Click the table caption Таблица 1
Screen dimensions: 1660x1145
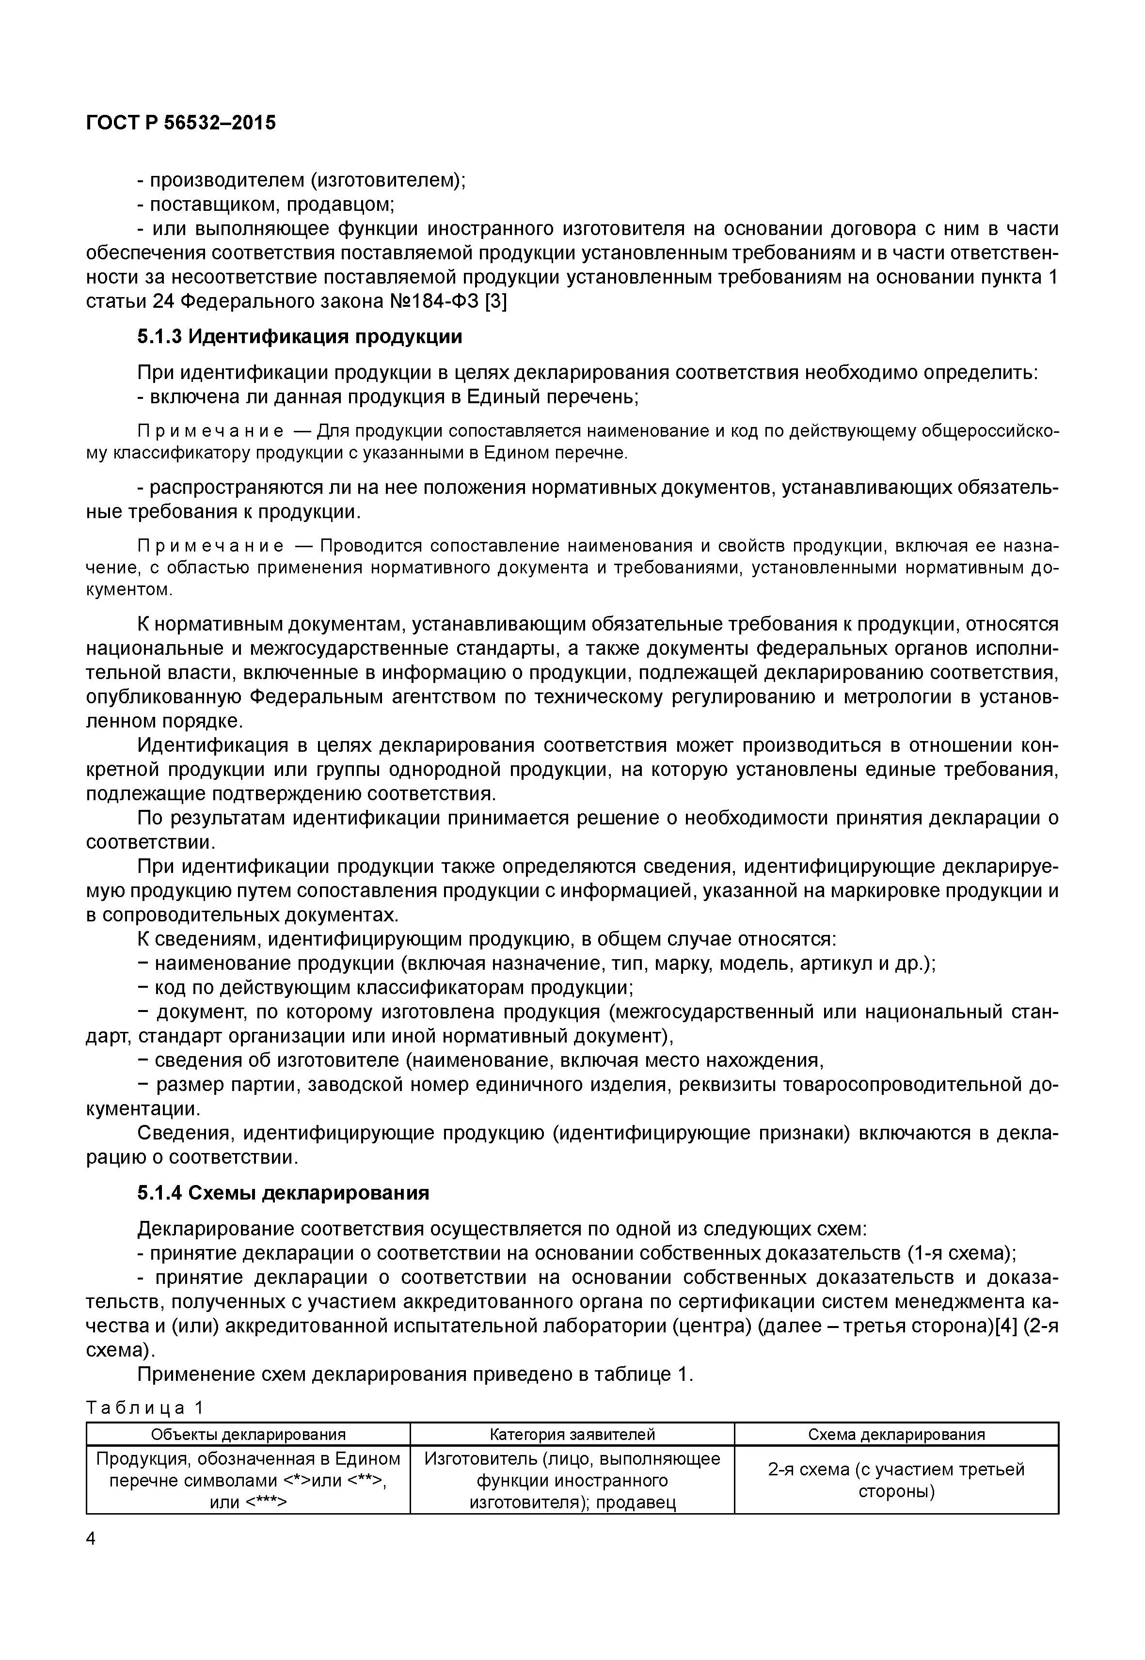(145, 1408)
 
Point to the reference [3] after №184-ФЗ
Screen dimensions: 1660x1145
(496, 301)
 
